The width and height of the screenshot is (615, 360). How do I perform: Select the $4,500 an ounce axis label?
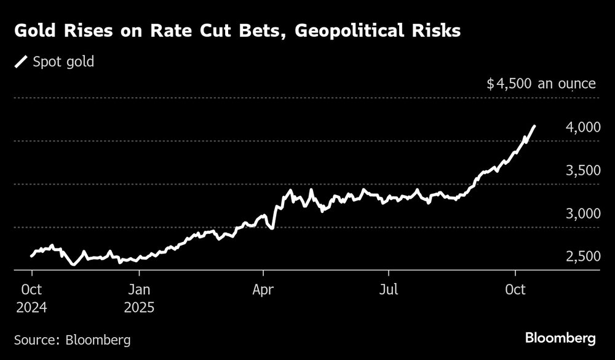541,83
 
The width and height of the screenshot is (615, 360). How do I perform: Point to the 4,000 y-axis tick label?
581,127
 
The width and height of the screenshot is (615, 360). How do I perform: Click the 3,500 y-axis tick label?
581,170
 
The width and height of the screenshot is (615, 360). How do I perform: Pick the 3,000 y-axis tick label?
581,214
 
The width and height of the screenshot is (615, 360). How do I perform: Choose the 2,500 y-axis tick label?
581,257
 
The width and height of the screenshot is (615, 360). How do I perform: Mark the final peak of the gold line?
534,126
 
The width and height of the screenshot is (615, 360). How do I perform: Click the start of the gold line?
31,255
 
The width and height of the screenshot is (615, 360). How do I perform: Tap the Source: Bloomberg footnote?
73,339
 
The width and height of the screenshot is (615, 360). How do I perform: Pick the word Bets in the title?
252,30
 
